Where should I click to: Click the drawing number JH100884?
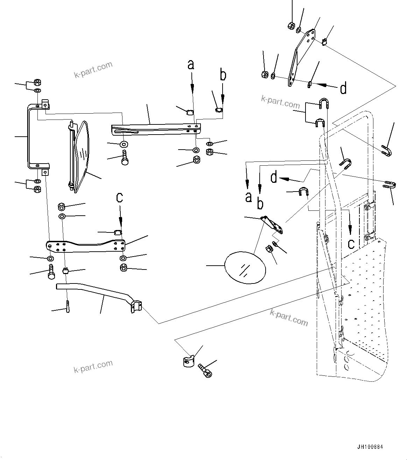(370, 447)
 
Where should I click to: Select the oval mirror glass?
(245, 267)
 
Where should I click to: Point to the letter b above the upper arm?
(223, 75)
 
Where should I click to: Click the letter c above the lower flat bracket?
(120, 197)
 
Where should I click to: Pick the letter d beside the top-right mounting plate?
(343, 88)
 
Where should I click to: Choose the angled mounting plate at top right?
(301, 58)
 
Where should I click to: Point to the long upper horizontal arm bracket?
(154, 128)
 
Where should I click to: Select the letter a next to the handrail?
(248, 197)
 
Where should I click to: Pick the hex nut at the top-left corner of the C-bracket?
(37, 83)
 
